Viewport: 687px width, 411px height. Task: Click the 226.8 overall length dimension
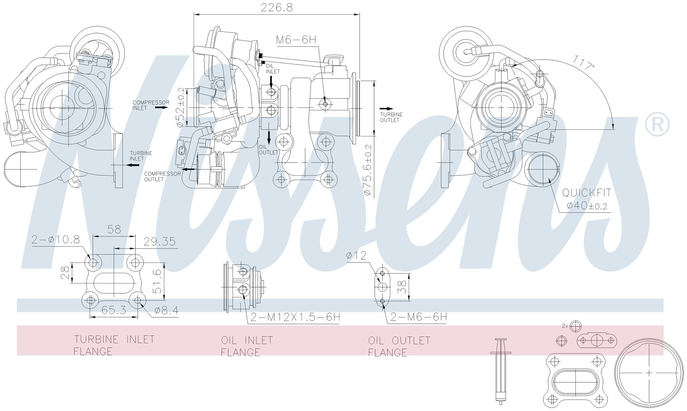tap(276, 8)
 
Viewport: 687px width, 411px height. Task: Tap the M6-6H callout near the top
tap(296, 40)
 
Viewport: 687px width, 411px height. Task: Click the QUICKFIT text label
tap(586, 193)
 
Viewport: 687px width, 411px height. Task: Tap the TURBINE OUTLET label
tap(391, 117)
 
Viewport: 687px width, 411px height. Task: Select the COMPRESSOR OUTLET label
tap(162, 176)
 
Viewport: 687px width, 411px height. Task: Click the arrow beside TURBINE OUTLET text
tap(386, 109)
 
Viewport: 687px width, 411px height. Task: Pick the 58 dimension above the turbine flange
tap(114, 229)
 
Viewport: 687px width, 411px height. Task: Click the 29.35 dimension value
tap(159, 242)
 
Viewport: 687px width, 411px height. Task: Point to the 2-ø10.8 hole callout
tap(55, 240)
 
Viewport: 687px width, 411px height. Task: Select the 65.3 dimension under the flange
tap(114, 310)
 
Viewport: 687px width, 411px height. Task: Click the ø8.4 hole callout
tap(166, 311)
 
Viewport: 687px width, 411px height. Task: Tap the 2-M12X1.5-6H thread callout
tap(295, 317)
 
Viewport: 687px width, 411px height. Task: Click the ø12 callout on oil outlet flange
tap(356, 255)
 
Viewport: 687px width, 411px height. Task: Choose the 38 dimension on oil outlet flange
tap(402, 287)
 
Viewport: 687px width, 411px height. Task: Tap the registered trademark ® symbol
tap(657, 125)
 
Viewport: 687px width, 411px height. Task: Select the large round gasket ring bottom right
tap(648, 373)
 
